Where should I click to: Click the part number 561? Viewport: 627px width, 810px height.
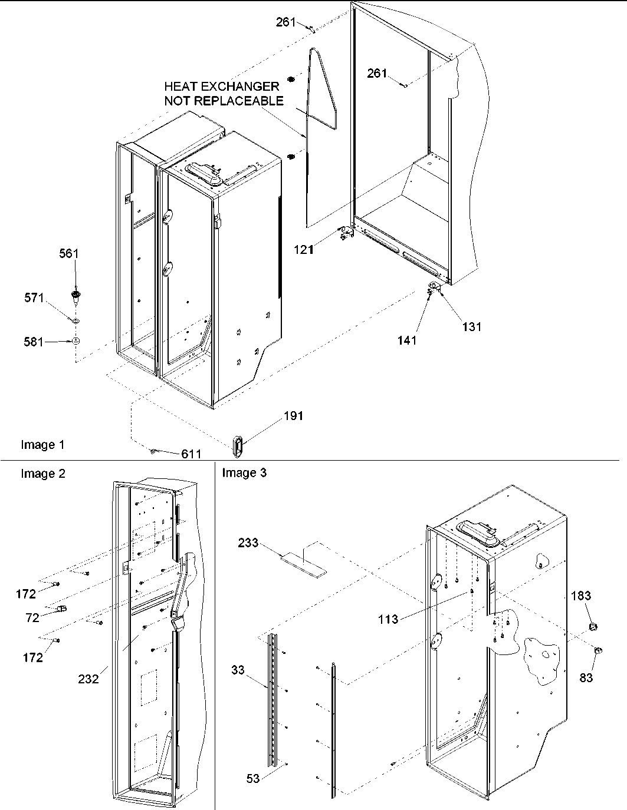(68, 253)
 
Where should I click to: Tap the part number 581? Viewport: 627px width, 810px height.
(34, 341)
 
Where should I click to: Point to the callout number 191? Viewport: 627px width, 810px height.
(293, 416)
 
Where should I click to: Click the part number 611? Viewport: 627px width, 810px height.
(191, 454)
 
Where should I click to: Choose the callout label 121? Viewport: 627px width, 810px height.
(304, 249)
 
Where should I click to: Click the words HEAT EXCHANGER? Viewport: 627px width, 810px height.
(222, 87)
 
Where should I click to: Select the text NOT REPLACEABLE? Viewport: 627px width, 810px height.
(224, 101)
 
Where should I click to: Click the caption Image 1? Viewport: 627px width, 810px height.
(42, 445)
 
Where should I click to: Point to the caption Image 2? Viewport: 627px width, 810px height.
(42, 473)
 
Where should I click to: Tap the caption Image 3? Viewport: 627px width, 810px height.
(244, 472)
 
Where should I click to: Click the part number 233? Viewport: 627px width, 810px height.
(248, 543)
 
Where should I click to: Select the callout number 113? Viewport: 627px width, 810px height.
(388, 619)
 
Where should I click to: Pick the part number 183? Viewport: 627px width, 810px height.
(580, 596)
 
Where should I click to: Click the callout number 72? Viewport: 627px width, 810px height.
(32, 617)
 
